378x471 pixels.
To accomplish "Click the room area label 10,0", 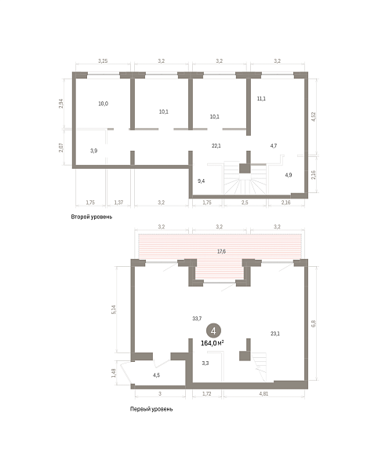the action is click(104, 104).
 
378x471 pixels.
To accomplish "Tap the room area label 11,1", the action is click(261, 99).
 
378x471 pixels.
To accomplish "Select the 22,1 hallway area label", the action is click(216, 146).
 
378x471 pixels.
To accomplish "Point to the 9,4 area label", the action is click(202, 181).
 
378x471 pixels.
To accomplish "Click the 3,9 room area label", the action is click(94, 151).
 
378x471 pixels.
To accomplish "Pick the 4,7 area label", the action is click(274, 146).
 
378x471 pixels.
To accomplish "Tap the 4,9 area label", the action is click(289, 175).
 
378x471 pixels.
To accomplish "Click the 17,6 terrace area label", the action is click(221, 251).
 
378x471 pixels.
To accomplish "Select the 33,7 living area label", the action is click(197, 319).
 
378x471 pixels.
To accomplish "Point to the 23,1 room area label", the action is click(275, 334).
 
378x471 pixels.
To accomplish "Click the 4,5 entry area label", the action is click(156, 375).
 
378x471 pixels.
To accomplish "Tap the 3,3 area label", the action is click(205, 363).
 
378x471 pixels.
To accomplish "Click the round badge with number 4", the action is click(213, 331).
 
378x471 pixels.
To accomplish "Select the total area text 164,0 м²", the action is click(213, 343).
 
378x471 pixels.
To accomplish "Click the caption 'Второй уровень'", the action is click(92, 217).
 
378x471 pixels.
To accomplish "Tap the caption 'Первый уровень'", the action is click(151, 409).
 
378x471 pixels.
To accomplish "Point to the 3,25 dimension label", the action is click(103, 61).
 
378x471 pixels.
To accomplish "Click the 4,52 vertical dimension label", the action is click(314, 116).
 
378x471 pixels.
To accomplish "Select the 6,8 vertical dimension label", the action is click(314, 323).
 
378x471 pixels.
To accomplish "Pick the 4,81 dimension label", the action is click(264, 393).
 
